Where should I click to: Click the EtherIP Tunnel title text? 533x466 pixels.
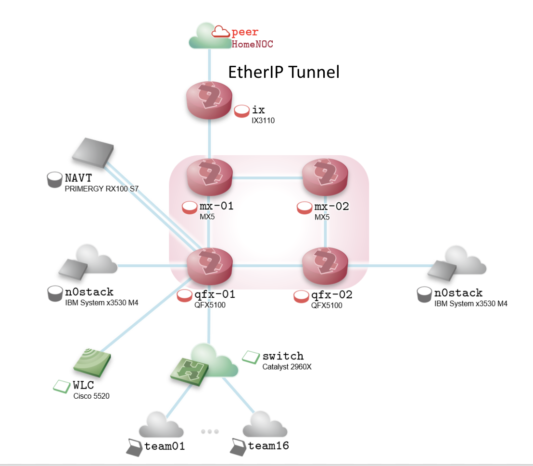[283, 72]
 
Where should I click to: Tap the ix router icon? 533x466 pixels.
[209, 99]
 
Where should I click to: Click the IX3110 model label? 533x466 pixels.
[263, 121]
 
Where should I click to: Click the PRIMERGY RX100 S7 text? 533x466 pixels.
[102, 189]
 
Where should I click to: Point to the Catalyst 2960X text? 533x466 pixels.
[288, 367]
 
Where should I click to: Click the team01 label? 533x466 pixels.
[165, 446]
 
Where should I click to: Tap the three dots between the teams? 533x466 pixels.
[210, 431]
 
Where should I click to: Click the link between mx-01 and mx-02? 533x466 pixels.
[267, 177]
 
